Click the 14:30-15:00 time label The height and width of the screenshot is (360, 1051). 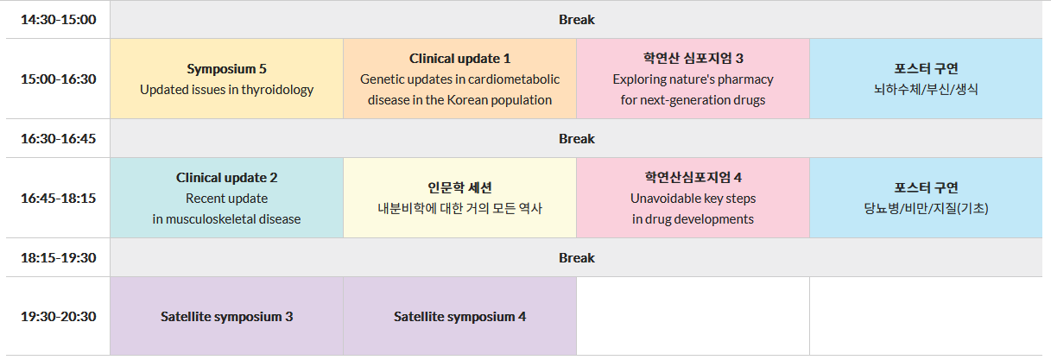[58, 20]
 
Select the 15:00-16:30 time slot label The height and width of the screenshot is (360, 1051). [58, 79]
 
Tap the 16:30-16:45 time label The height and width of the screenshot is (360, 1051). [58, 139]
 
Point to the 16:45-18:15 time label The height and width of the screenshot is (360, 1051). [58, 199]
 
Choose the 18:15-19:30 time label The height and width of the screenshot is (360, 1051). [58, 258]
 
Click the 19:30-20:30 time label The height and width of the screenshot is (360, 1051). [58, 317]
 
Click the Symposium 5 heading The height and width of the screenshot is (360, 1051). [226, 69]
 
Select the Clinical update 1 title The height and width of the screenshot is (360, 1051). [459, 59]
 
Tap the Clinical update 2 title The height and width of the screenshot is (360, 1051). [226, 178]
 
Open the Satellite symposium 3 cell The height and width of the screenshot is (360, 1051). [226, 317]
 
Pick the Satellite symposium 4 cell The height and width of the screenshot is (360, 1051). [459, 317]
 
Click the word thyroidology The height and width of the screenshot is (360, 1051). [277, 90]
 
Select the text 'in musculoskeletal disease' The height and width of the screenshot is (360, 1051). [226, 219]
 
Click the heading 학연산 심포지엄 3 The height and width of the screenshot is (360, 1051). [693, 58]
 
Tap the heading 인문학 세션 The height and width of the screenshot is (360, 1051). [459, 187]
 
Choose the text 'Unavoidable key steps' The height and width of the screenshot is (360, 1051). [693, 199]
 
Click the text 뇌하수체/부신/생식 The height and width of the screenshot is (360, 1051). [926, 89]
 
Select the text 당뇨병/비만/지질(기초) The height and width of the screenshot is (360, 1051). [926, 208]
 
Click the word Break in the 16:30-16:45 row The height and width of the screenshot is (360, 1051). [577, 139]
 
